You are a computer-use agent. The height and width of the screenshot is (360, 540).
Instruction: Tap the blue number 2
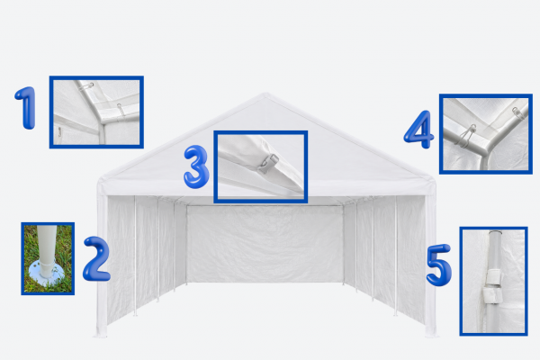[96, 258]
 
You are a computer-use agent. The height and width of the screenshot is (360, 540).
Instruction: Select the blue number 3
[196, 166]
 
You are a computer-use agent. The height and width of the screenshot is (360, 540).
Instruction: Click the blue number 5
[439, 265]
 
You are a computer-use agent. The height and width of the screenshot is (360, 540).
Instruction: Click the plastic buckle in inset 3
[268, 164]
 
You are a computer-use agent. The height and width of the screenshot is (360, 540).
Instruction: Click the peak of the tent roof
[265, 94]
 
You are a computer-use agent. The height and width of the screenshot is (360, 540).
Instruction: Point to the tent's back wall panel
[265, 244]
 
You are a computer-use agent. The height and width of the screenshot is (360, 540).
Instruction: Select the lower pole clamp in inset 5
[490, 295]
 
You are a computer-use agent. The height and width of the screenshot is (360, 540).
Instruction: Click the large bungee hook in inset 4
[466, 136]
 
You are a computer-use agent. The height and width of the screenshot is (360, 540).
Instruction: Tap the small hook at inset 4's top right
[518, 113]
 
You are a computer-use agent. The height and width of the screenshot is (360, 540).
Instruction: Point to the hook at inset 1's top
[86, 86]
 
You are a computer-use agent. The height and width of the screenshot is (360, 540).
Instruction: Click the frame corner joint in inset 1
[103, 122]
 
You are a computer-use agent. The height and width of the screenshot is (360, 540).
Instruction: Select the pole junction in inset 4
[487, 151]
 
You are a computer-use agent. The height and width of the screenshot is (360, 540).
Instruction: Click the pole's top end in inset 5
[494, 232]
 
